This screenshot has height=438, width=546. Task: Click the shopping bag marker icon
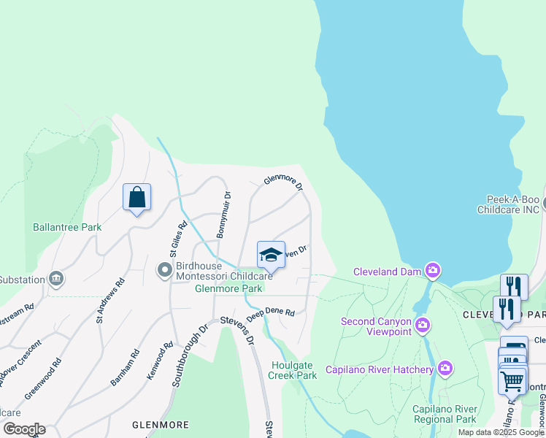[136, 197]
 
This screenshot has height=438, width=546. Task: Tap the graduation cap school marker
[271, 255]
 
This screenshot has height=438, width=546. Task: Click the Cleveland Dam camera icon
[433, 271]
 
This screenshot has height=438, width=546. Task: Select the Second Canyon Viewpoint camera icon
[421, 323]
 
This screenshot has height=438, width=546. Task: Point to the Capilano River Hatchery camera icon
[445, 369]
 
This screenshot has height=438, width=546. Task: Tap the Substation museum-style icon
[55, 279]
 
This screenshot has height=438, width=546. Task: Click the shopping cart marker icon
[512, 380]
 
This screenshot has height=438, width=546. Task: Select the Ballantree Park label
[67, 227]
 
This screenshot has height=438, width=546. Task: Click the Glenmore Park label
[228, 288]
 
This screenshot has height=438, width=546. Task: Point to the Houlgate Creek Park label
[293, 370]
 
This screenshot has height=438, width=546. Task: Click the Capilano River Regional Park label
[444, 414]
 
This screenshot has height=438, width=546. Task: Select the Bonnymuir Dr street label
[223, 215]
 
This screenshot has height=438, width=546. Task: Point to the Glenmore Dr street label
[283, 181]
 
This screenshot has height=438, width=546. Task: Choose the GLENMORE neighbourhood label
[160, 424]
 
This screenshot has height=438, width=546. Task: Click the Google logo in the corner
[24, 429]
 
